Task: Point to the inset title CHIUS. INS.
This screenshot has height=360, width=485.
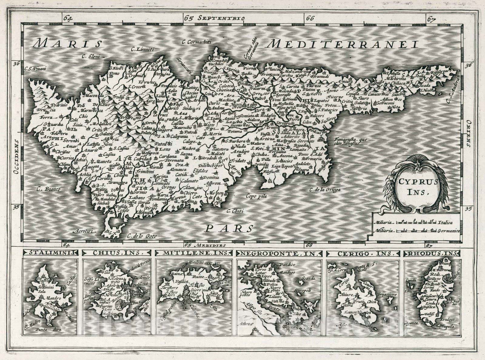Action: (x=117, y=253)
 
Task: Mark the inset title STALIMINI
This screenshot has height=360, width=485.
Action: (x=50, y=253)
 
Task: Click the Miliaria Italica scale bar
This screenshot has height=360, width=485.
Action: (x=417, y=222)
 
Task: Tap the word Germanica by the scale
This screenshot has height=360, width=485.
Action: (x=449, y=231)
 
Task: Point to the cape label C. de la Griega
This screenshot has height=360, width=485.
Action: (x=325, y=190)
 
